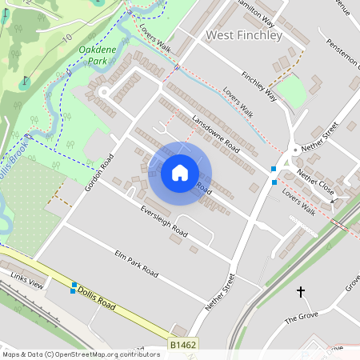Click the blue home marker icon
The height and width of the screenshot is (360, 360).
[x=180, y=172]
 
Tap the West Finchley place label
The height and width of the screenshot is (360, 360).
[x=244, y=36]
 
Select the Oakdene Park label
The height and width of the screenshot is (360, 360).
[x=98, y=55]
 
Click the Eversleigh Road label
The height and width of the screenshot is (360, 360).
[x=163, y=222]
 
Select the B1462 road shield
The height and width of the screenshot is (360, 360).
[x=183, y=345]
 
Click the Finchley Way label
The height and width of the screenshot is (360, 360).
[x=258, y=87]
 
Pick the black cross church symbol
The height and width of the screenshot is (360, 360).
[x=302, y=292]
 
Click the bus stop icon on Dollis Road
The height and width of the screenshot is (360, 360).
[x=74, y=287]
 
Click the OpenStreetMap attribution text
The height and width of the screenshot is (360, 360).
[x=80, y=354]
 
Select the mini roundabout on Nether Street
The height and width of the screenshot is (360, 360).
[x=295, y=150]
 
